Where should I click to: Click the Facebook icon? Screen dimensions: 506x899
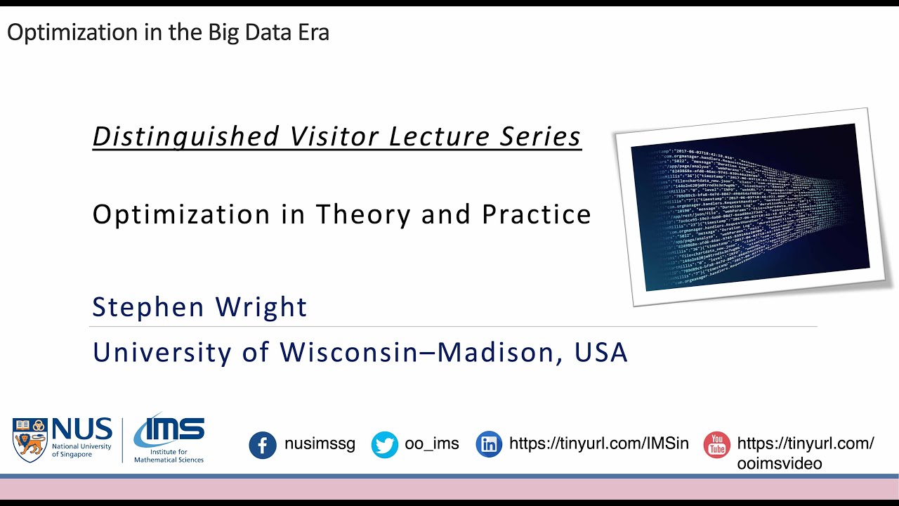click(x=263, y=445)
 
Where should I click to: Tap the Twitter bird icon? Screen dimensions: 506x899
click(x=384, y=445)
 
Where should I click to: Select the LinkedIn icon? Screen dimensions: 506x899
click(x=489, y=444)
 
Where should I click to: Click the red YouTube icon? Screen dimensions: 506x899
click(x=716, y=445)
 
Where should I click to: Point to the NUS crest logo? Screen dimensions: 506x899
click(x=30, y=439)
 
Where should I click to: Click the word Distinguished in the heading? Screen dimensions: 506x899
click(x=186, y=136)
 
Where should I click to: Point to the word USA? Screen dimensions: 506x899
click(x=601, y=352)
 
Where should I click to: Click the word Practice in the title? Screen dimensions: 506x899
click(x=537, y=214)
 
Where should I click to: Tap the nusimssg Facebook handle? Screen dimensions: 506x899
click(x=320, y=444)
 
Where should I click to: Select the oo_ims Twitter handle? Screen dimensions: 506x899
click(x=432, y=444)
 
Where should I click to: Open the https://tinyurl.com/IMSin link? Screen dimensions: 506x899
click(x=598, y=444)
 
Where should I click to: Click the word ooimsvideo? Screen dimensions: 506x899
click(x=779, y=463)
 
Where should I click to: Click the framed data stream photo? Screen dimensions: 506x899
click(x=750, y=207)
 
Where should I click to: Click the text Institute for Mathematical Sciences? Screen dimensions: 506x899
click(x=169, y=455)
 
